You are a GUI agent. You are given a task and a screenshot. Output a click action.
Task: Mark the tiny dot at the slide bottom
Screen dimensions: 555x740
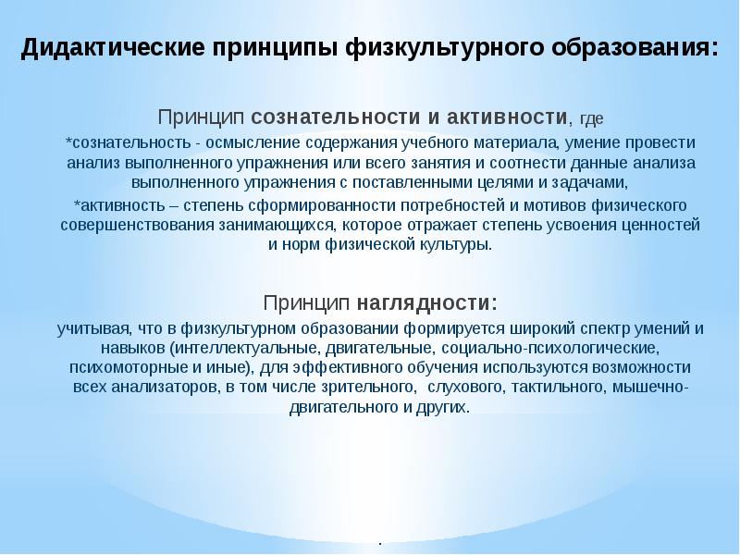(379, 542)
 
